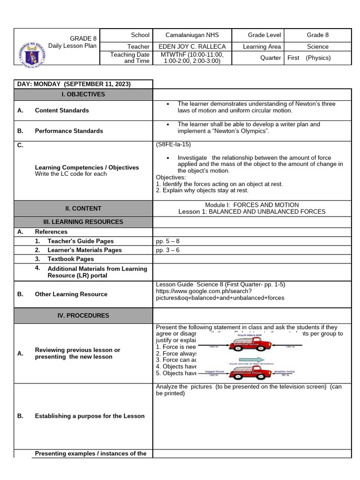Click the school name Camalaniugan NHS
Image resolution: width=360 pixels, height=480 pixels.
point(192,35)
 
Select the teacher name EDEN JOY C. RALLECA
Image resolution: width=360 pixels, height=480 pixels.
point(192,46)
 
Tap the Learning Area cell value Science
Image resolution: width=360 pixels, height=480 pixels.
point(317,46)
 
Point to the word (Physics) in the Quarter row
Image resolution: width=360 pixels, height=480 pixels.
point(318,58)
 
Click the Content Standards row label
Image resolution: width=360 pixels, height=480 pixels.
point(62,110)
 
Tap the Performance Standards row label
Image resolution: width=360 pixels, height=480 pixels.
point(69,131)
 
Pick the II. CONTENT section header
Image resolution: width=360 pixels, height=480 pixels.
point(83,209)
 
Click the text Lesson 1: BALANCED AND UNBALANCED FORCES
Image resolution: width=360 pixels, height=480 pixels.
point(252,211)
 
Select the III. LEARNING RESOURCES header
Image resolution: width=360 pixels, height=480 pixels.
point(83,222)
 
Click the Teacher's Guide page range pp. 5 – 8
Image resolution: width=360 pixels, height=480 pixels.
point(167,241)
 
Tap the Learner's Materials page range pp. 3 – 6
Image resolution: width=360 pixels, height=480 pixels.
point(167,250)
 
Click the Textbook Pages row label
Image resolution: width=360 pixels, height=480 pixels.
point(70,259)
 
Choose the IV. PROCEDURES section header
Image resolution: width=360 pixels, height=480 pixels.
point(83,315)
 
